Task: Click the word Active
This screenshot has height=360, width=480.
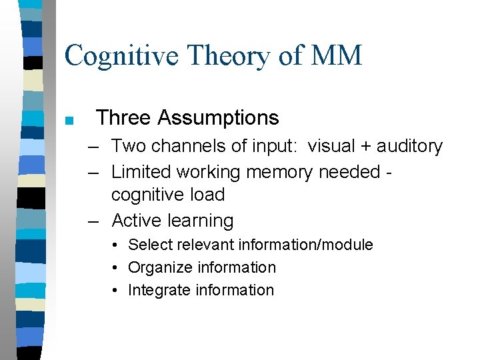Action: click(x=137, y=221)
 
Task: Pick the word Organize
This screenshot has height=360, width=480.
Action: click(x=157, y=267)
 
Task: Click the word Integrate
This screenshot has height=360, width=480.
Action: click(x=157, y=290)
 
